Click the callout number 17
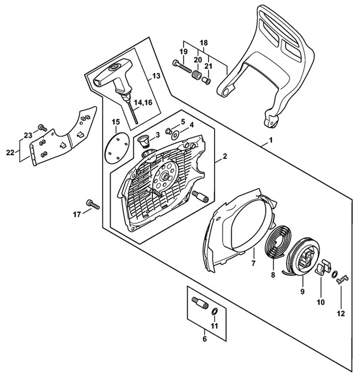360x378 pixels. [76, 214]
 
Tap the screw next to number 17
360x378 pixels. [93, 204]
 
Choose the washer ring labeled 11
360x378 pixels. [214, 312]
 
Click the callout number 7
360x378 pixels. [253, 263]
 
